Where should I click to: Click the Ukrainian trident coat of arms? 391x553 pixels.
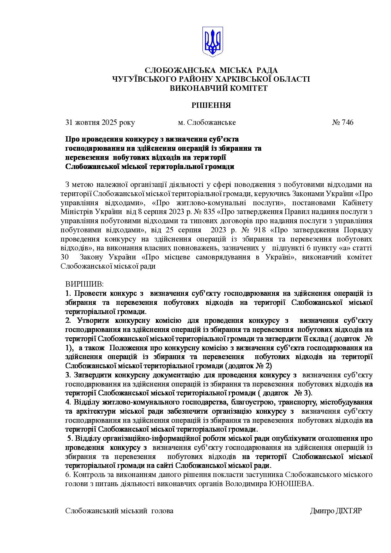(212, 42)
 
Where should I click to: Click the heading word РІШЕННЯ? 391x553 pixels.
(211, 105)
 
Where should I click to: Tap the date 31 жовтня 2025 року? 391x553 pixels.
(100, 122)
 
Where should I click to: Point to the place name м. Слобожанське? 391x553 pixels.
(207, 122)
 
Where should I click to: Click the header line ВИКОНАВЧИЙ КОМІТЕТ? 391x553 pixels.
(219, 88)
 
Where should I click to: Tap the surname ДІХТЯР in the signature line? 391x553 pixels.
(348, 511)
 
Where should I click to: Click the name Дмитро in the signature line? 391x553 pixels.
(322, 511)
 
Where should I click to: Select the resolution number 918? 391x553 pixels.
(260, 230)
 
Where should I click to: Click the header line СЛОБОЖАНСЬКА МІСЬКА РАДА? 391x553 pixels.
(211, 70)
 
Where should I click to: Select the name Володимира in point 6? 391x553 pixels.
(246, 484)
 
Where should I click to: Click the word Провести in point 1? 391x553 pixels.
(90, 294)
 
